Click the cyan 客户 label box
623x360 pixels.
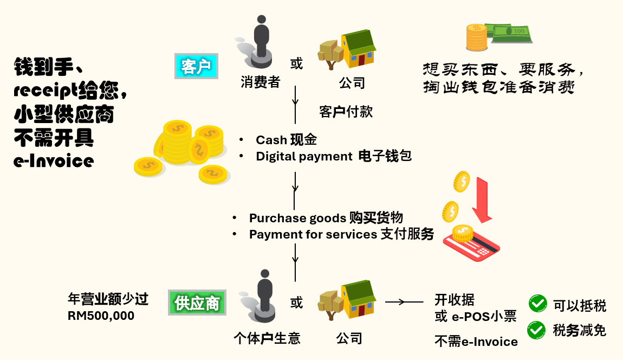pos(196,67)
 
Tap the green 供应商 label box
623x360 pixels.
pos(197,303)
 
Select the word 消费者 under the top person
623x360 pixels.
pos(260,82)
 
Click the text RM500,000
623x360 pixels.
pos(101,316)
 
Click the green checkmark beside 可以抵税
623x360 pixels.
pos(537,304)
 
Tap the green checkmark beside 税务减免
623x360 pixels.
pos(537,329)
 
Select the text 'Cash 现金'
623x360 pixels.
pos(286,140)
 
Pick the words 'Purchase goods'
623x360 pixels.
pos(297,218)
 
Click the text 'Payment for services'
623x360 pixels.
pos(313,234)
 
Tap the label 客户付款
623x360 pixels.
pos(346,112)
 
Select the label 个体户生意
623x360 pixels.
pos(267,339)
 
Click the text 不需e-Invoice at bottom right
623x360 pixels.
pos(476,341)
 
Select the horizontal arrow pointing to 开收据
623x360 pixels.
pos(404,302)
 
